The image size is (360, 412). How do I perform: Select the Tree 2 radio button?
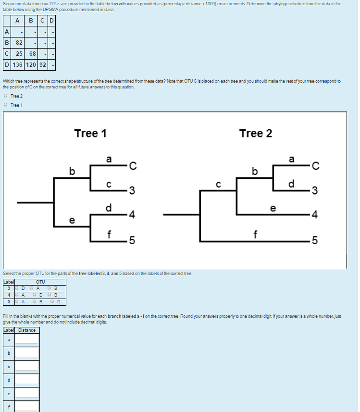tap(5, 96)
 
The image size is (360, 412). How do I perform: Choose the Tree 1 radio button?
tap(5, 105)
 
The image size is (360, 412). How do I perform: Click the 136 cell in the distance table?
tap(16, 64)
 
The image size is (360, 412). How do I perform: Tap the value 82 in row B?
tap(19, 42)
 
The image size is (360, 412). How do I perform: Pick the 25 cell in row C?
tap(19, 53)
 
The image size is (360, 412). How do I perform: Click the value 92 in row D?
tap(43, 64)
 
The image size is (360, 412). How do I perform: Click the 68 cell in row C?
tap(32, 53)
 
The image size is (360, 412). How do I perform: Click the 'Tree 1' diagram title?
tap(90, 133)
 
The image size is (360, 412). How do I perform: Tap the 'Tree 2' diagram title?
tap(256, 133)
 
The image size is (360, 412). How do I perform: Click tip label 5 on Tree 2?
tap(315, 241)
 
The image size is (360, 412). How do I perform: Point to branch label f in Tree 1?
tap(110, 234)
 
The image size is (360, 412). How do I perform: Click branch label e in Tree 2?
tap(273, 209)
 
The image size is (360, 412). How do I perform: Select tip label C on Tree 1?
tap(133, 167)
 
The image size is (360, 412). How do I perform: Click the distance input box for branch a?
tap(28, 339)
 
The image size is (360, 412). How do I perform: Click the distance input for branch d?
tap(28, 380)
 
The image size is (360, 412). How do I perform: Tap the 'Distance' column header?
tap(27, 330)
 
